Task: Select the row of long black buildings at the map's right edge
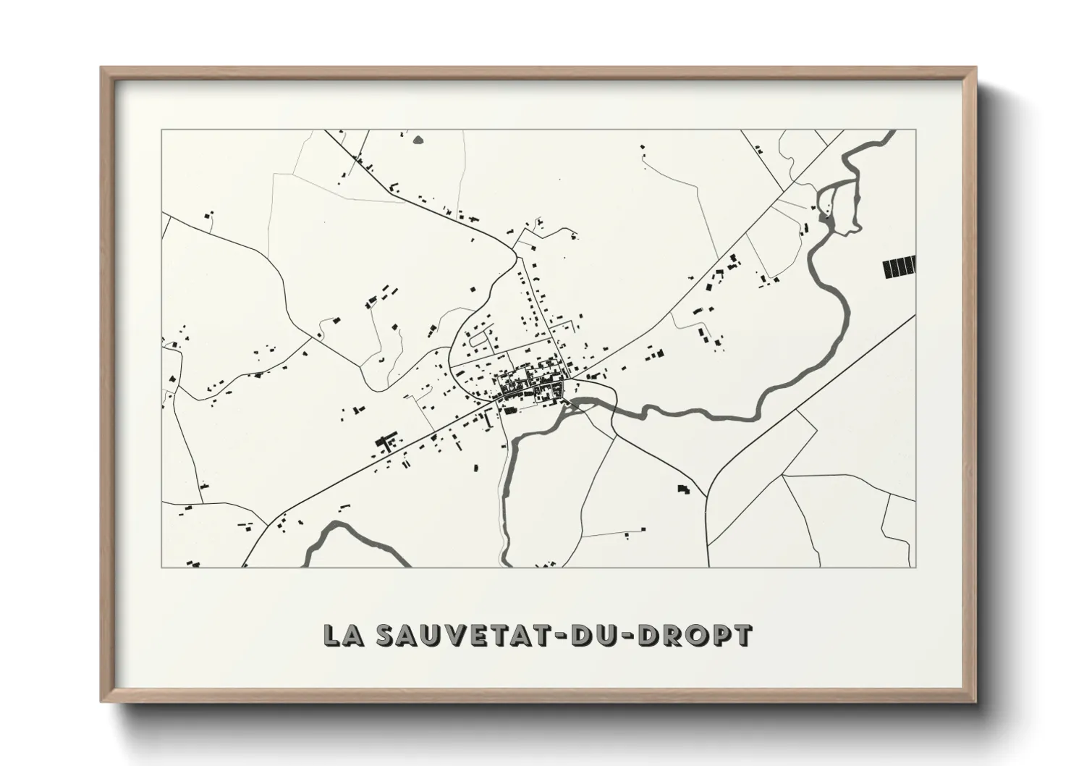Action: point(899,268)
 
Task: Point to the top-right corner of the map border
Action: point(917,130)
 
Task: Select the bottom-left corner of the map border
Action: point(162,567)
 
